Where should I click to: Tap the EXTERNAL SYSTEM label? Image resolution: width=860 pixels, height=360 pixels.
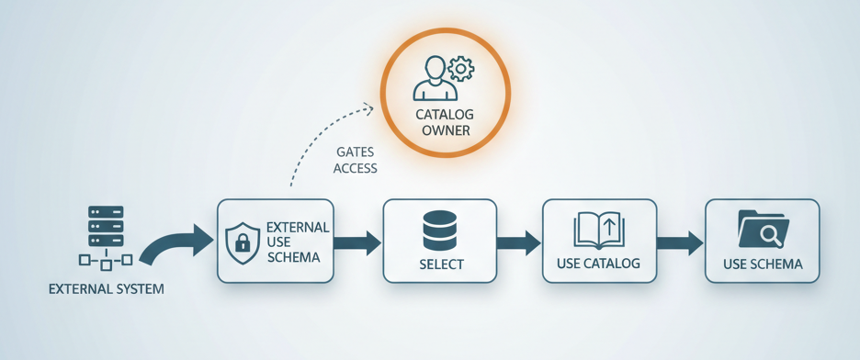tap(106, 288)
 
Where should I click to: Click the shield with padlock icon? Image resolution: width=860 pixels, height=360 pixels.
tap(243, 242)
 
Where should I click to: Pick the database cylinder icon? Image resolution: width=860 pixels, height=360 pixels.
tap(440, 231)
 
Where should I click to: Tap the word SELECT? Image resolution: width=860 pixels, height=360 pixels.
tap(441, 264)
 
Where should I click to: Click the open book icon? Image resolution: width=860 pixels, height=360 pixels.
tap(599, 231)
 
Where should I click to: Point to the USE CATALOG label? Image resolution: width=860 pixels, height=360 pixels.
tap(599, 264)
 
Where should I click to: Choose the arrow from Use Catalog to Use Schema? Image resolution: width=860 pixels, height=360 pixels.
tap(681, 242)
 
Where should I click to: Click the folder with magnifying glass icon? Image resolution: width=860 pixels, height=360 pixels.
tap(763, 230)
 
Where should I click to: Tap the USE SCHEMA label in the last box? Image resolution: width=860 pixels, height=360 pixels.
tap(763, 264)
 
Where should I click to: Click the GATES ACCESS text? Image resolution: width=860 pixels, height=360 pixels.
tap(355, 159)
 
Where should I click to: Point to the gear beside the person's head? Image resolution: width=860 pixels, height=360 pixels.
tap(460, 67)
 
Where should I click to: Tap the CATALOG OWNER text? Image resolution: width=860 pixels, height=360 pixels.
tap(445, 121)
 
